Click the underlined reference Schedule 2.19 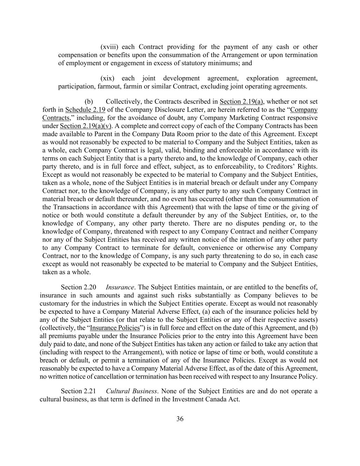pyautogui.click(x=85, y=110)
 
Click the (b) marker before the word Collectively pyautogui.click(x=89, y=101)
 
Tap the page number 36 pyautogui.click(x=180, y=419)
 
